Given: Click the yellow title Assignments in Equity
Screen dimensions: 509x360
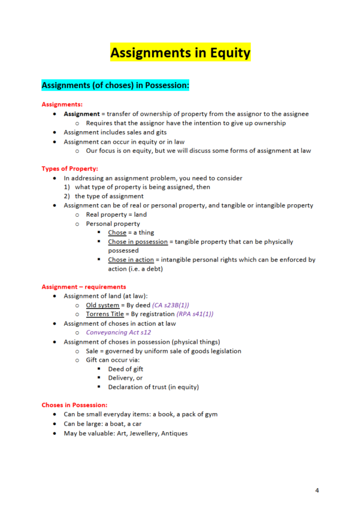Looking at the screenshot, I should (x=180, y=53).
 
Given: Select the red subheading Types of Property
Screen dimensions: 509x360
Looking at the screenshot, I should (x=69, y=168).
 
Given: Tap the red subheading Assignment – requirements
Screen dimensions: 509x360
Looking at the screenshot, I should (x=84, y=287).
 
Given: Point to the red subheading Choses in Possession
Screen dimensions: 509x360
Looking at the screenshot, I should (x=74, y=405).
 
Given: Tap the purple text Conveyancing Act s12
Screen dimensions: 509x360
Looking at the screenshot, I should (x=119, y=332).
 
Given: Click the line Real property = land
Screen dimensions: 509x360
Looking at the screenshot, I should (x=116, y=214).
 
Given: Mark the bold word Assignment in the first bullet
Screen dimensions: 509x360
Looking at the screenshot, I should (x=83, y=114).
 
